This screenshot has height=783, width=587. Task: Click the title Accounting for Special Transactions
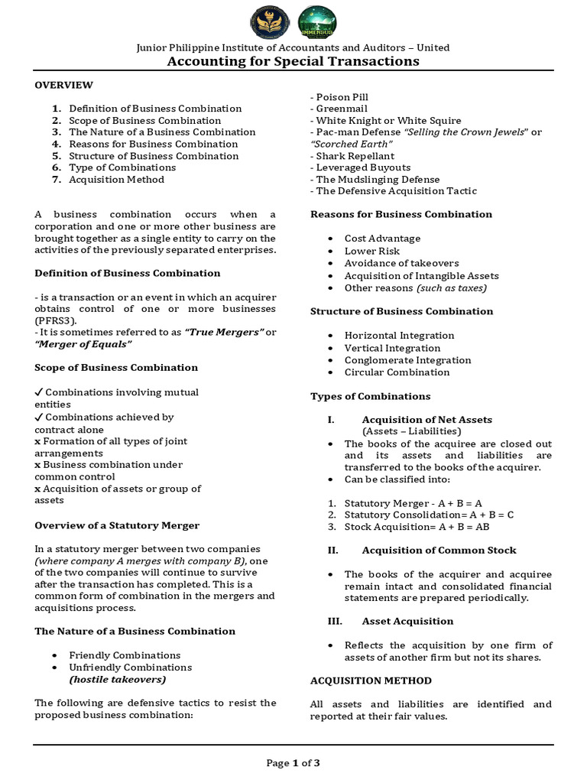pos(293,61)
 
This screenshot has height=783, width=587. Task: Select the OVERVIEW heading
pos(63,85)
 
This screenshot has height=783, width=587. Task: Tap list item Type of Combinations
pos(122,167)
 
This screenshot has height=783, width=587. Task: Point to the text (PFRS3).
pos(55,320)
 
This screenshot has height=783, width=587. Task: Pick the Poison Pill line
pos(339,97)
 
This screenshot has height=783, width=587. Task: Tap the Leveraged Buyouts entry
pos(362,167)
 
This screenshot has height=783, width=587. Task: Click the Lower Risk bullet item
pos(372,251)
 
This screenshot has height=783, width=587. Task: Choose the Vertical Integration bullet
pos(392,348)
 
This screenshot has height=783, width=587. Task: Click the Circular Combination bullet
pos(397,372)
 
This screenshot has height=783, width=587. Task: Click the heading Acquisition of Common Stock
pos(439,550)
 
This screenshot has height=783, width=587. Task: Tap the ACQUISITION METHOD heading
pos(371,681)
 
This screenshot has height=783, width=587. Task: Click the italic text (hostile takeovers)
pos(117,679)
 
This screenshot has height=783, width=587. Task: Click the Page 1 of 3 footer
pos(293,762)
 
